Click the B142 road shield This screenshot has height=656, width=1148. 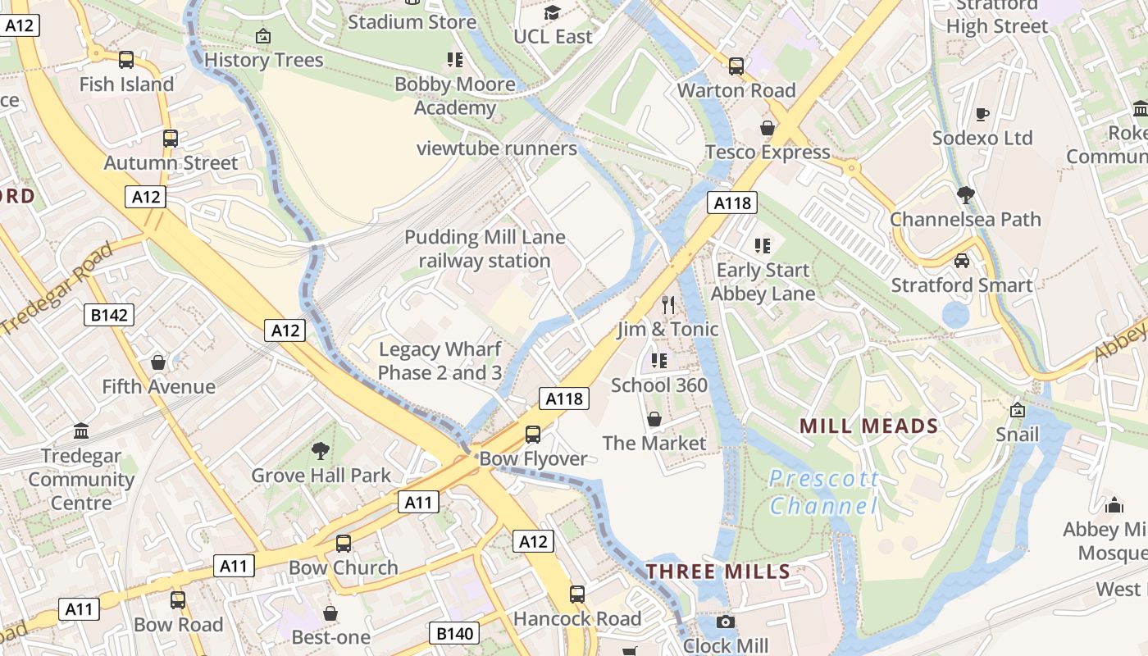[x=109, y=315]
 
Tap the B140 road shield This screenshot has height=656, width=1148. [x=454, y=633]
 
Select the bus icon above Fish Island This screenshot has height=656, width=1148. [x=126, y=60]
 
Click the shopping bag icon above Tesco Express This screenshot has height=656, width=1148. [x=768, y=128]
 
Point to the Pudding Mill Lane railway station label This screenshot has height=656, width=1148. [x=485, y=249]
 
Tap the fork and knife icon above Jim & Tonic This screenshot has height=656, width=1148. [x=668, y=305]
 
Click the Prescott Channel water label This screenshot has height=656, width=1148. [x=823, y=492]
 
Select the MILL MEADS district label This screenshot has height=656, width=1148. [x=868, y=426]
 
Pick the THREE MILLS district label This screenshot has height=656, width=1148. [x=718, y=572]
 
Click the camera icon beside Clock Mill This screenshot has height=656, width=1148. [x=725, y=622]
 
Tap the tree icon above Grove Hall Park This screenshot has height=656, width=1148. [x=321, y=450]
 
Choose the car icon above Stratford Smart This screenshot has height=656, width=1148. [x=962, y=261]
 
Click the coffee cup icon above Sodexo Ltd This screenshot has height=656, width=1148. [x=982, y=114]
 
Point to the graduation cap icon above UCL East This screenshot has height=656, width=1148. [x=553, y=13]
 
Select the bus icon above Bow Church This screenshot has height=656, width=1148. [x=344, y=543]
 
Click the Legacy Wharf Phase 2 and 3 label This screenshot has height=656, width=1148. [x=440, y=361]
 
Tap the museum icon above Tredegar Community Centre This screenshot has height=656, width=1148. [x=81, y=431]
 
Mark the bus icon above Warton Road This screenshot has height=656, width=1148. [x=736, y=66]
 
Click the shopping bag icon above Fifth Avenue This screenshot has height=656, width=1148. [x=158, y=362]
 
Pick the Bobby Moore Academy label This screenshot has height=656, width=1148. [x=455, y=96]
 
